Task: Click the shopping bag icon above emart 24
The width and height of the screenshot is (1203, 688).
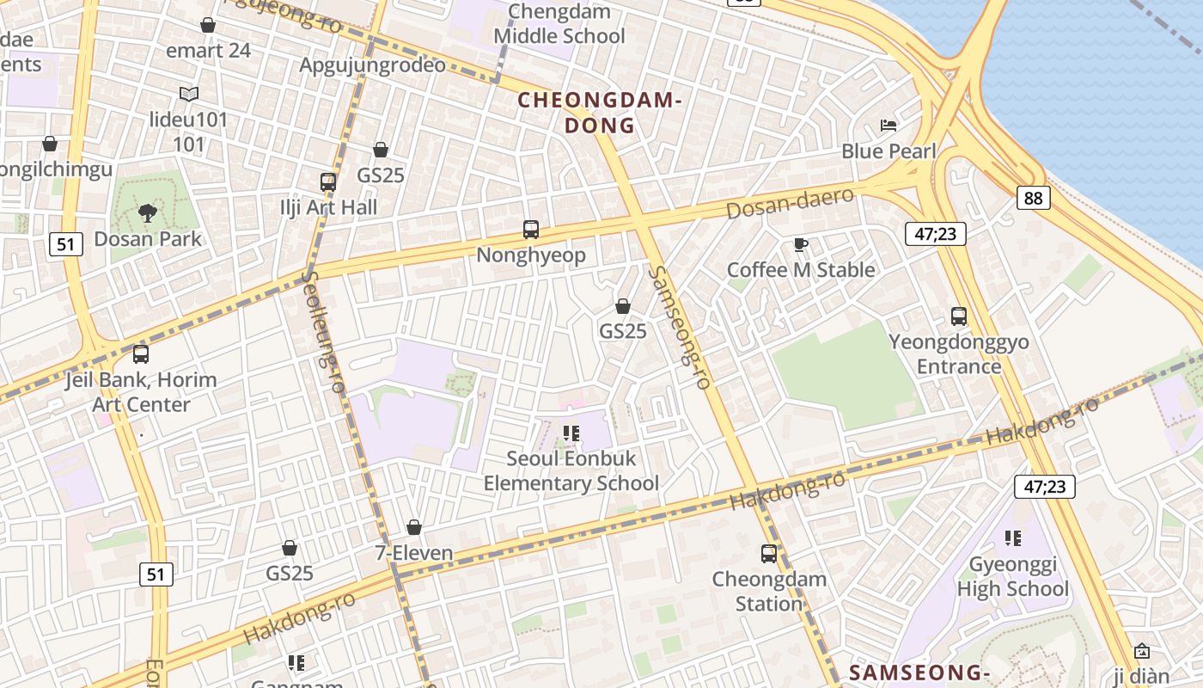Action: [207, 25]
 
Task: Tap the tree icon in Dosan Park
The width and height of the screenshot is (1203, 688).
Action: [147, 212]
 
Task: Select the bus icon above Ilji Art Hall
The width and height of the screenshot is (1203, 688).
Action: [328, 181]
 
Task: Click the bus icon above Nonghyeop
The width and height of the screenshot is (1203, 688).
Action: [531, 230]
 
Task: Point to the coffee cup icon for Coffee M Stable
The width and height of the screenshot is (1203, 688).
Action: [801, 245]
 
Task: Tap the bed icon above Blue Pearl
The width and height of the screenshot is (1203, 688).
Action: [889, 126]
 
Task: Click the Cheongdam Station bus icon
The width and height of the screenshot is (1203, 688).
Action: [769, 554]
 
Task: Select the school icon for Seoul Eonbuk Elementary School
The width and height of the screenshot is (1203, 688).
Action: [571, 433]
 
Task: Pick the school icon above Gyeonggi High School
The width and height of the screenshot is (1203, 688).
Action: [1013, 538]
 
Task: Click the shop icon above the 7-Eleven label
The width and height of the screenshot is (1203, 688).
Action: [414, 526]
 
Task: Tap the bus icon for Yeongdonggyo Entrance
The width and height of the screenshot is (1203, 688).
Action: [959, 316]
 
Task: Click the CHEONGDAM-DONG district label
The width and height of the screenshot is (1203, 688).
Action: [600, 113]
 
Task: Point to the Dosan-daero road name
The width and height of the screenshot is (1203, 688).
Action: [790, 203]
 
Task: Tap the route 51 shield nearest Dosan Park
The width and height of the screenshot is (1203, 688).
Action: [66, 244]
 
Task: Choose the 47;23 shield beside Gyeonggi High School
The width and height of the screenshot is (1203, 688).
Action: [1045, 487]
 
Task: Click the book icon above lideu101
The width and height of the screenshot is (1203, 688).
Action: [189, 94]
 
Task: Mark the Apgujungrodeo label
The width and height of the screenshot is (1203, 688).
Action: [372, 65]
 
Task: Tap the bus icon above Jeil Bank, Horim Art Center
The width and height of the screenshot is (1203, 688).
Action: [141, 354]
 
